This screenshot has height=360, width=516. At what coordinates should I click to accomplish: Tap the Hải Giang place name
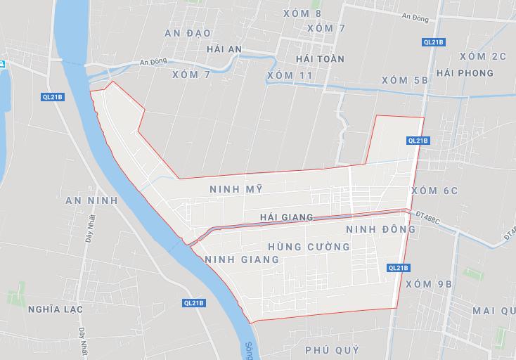(286, 217)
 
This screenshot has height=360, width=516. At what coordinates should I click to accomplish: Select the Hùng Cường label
(309, 247)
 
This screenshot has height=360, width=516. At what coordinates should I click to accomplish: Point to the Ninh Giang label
(242, 259)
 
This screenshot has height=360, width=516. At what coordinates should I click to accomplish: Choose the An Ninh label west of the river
(91, 200)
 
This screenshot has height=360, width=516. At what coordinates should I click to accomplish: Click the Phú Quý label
(333, 349)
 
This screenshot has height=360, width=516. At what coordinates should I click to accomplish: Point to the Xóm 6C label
(434, 191)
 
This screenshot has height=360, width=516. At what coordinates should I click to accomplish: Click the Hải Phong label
(465, 73)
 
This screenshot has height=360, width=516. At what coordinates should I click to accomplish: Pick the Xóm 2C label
(482, 56)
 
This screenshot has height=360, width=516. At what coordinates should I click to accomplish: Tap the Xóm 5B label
(405, 80)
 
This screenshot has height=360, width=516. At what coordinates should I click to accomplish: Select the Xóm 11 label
(290, 75)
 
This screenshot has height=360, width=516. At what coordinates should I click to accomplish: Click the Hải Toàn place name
(321, 59)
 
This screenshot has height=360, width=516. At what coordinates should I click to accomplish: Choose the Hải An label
(226, 49)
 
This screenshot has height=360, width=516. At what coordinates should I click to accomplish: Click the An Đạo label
(188, 33)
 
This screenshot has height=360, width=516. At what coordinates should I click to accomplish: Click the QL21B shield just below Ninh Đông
(398, 267)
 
